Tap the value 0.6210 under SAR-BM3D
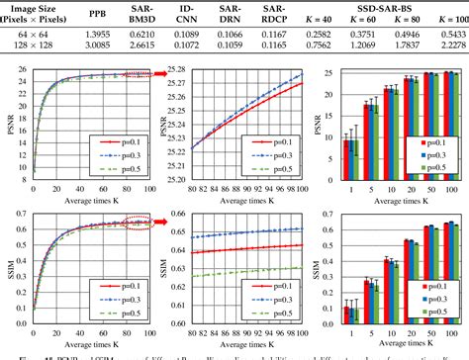tap(144, 34)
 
